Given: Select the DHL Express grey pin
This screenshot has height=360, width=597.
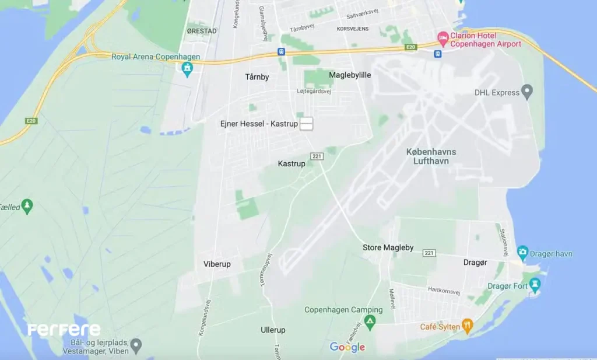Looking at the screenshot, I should point(527,92).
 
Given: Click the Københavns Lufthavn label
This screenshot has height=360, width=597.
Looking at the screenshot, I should point(431,156).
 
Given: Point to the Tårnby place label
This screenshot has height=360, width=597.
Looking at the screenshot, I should point(257,76).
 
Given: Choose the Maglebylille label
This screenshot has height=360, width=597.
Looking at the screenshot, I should point(350,75).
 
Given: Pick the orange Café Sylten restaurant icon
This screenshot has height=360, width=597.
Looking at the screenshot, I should point(466,326).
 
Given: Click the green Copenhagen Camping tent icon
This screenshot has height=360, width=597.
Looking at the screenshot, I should point(370,321).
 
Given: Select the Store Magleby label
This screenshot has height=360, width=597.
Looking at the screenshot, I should point(388,247).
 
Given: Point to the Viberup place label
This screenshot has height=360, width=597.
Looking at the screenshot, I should point(217,264).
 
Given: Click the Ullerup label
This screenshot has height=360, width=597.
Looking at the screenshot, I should point(273,330).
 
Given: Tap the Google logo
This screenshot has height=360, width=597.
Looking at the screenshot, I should point(347,347).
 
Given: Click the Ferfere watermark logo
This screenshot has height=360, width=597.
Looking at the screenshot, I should point(64,330).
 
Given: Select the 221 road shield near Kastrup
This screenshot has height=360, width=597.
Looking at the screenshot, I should point(317,156).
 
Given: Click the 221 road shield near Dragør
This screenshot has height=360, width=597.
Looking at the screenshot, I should point(430,253).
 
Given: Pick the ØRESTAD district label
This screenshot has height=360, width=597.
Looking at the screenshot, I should point(202,30).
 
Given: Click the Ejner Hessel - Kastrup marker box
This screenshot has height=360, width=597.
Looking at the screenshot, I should point(306,124).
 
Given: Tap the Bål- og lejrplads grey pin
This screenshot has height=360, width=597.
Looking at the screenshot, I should point(136,345).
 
